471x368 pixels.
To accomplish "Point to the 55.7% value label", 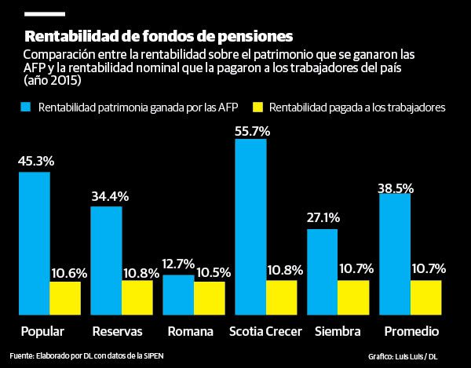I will tap(252, 132).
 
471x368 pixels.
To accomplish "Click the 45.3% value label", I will tap(35, 162).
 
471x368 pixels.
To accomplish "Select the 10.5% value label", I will tap(211, 272).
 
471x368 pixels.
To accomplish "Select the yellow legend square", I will tap(257, 106).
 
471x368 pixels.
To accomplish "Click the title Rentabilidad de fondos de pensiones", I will tap(159, 36).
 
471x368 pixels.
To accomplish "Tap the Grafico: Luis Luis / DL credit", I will tap(402, 355).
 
